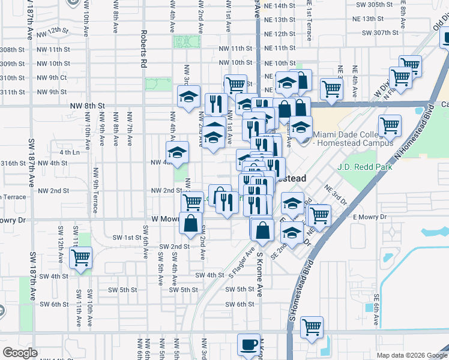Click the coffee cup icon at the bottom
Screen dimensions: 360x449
249,345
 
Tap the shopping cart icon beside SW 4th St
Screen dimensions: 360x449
80,258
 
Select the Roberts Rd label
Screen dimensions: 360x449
144,48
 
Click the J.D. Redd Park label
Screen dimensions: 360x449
365,167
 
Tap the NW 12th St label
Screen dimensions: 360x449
52,30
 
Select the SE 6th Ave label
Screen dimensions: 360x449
376,310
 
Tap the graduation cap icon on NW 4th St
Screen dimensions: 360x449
178,152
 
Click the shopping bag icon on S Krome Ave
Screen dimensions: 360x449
262,229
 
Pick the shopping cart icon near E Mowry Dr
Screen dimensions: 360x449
319,214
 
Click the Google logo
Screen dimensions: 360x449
20,353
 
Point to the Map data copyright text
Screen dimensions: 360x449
411,355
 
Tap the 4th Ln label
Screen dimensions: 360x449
72,152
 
